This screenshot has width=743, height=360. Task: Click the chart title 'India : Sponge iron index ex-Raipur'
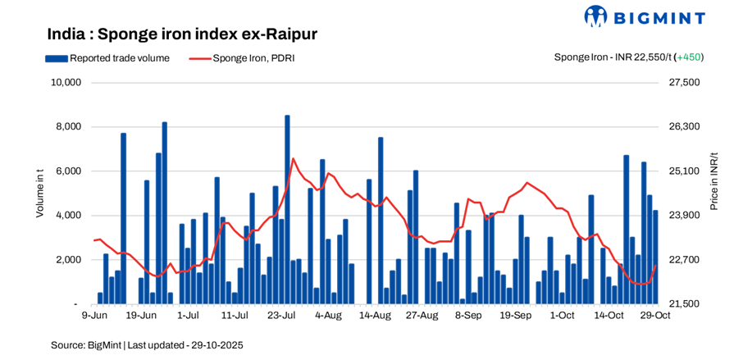click(182, 34)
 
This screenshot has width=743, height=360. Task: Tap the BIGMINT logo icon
click(595, 16)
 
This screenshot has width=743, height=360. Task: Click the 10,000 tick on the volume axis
click(65, 83)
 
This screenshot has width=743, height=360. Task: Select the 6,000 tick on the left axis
click(68, 171)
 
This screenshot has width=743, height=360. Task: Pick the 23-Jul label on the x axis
click(281, 315)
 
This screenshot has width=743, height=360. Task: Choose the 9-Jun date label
click(94, 315)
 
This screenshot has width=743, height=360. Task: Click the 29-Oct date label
click(655, 315)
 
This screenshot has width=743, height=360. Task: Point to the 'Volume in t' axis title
click(39, 194)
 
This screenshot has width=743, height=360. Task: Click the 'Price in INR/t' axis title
click(713, 181)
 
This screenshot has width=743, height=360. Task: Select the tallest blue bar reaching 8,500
click(287, 209)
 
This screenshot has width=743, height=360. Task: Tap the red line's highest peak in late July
click(293, 158)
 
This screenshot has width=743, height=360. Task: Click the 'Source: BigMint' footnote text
click(147, 345)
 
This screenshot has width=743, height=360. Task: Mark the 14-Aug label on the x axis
click(375, 315)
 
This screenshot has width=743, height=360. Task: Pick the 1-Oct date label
click(562, 315)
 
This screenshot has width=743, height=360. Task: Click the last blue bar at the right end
click(655, 257)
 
